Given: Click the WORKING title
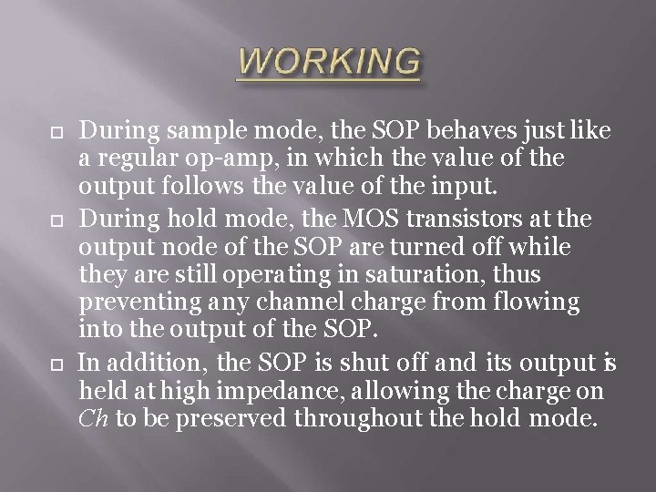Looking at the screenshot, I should click(x=330, y=62).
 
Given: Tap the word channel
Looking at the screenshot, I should click(x=292, y=300).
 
